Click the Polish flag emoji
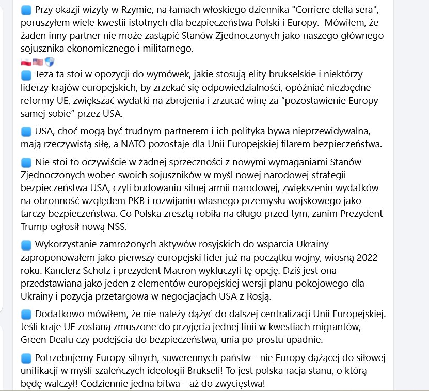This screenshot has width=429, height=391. pos(26,62)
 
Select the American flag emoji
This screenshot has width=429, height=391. pos(38,62)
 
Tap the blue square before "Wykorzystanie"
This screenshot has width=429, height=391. pos(26,244)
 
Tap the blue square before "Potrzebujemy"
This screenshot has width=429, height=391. pos(26,357)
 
